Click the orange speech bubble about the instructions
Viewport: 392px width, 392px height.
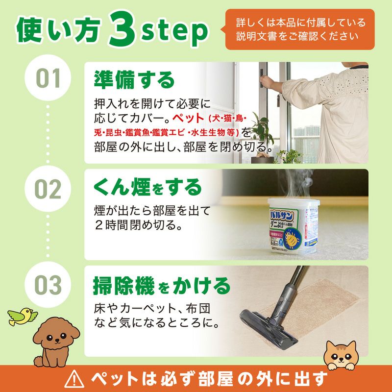pyautogui.click(x=299, y=29)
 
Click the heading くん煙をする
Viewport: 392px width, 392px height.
pyautogui.click(x=147, y=187)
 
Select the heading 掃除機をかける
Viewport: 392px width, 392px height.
pyautogui.click(x=161, y=285)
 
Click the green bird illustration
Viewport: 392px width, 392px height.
pyautogui.click(x=23, y=316)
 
